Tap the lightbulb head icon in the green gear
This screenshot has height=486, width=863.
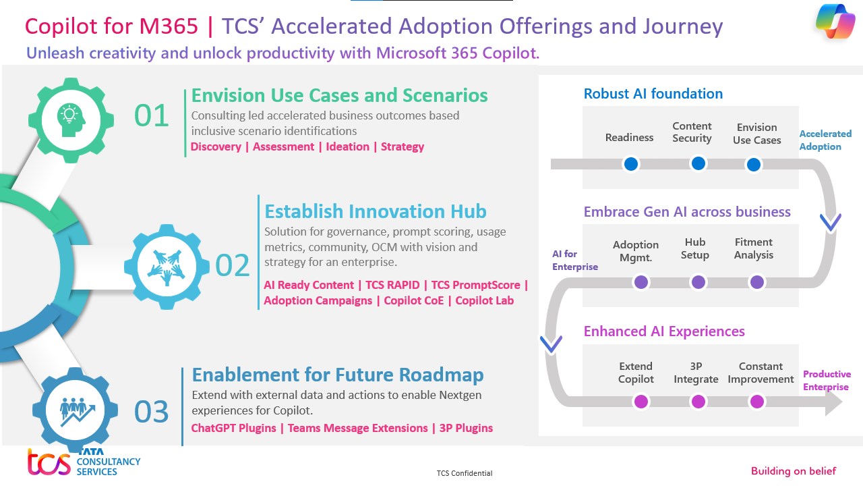point(71,119)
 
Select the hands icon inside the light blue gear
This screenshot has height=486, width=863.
point(167,267)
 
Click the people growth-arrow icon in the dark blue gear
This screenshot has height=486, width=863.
point(77,411)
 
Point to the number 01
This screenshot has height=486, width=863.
point(151,115)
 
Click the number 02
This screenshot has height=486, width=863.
point(233,265)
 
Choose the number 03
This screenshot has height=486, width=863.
point(151,412)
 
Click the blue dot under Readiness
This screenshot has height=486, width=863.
point(630,164)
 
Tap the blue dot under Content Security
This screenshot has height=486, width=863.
point(698,163)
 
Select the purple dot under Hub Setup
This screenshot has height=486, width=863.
point(698,282)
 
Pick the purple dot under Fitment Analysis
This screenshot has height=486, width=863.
point(756,282)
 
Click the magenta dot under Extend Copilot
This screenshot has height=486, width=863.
point(641,402)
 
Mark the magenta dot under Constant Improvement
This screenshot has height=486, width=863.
point(756,402)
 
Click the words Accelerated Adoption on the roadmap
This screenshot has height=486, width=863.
point(825,140)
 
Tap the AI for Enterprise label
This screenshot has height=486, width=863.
point(575,260)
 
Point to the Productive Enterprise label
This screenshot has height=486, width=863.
point(827,380)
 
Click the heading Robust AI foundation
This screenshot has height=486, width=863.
point(653,93)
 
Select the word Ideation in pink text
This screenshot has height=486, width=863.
point(347,146)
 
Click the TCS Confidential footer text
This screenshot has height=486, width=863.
point(465,473)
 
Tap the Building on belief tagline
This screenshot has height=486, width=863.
point(794,470)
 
